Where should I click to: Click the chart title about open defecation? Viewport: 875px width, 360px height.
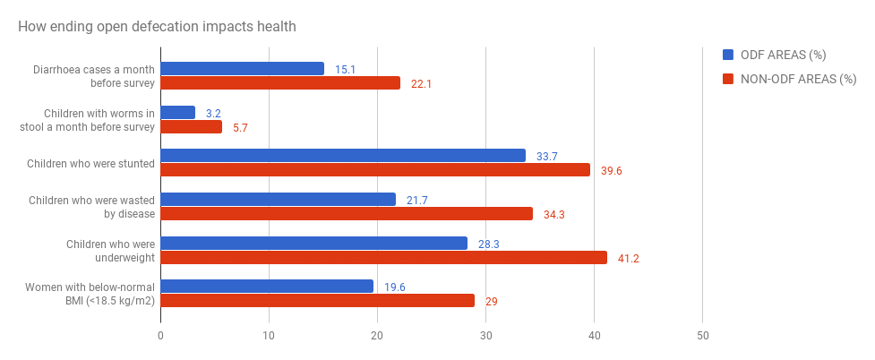coord(157,26)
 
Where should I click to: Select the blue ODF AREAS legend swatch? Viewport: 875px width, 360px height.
coord(728,55)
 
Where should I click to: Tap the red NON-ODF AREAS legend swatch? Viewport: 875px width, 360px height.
coord(728,78)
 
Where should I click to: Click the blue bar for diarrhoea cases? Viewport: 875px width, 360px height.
coord(242,69)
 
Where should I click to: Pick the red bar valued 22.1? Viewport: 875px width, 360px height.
coord(280,83)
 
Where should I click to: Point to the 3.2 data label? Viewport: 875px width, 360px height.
coord(212,113)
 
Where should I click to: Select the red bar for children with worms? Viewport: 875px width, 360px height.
coord(191,127)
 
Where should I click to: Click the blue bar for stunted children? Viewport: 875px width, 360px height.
coord(343,156)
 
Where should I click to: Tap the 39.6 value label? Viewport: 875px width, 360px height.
coord(613,170)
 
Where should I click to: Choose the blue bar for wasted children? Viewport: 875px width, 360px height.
coord(278,200)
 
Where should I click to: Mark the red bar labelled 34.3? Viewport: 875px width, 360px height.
coord(347,214)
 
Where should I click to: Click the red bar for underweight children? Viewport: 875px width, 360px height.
coord(383,258)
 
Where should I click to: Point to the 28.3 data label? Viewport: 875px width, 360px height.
coord(489,244)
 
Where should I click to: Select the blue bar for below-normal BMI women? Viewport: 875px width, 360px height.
coord(267,287)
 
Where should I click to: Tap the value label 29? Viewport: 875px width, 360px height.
coord(491,302)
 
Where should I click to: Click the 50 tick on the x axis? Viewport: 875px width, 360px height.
coord(702,336)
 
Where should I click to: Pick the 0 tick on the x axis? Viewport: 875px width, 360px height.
coord(160,336)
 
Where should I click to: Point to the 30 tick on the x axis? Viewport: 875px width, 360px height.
coord(485,336)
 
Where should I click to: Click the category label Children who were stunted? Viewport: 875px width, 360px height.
coord(90,164)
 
